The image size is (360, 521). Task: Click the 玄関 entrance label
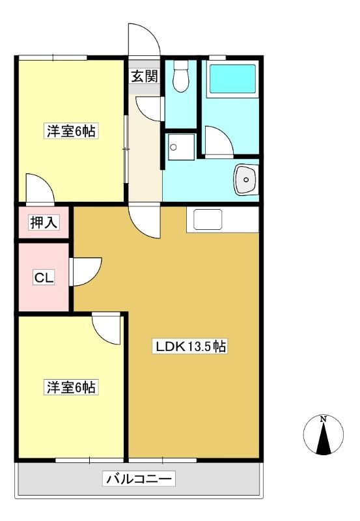pos(144,77)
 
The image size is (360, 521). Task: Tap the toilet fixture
pos(182,76)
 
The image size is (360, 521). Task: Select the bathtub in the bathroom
pos(232,79)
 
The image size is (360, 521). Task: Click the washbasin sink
pos(246,180)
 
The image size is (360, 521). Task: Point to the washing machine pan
pos(181,147)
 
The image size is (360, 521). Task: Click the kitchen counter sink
pos(208,219)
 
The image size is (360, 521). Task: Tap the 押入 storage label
pos(44,222)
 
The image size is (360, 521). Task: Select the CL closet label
pos(44,278)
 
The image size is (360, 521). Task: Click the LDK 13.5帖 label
pos(189,346)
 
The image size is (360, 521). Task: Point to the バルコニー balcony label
pos(139,479)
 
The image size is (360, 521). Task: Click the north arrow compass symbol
pos(323,434)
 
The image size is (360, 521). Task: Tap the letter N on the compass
pos(323,419)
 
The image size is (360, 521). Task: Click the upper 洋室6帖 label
pos(71,131)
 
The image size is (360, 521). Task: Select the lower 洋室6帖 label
pos(71,387)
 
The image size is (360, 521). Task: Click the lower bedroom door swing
pos(106,330)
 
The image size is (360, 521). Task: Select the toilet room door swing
pos(150,109)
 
